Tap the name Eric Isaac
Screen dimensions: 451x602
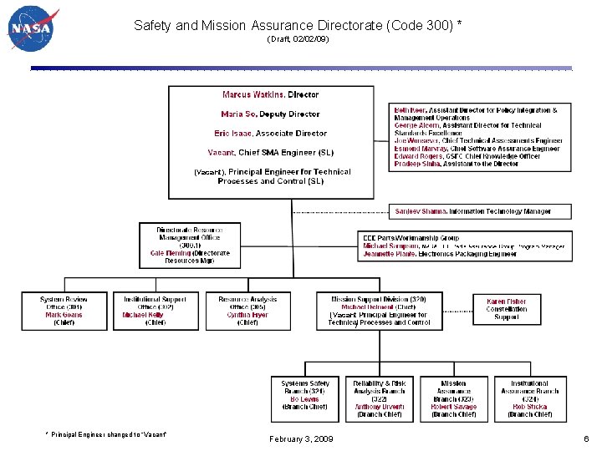[233, 133]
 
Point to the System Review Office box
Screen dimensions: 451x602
[64, 310]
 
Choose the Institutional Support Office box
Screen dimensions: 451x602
[155, 310]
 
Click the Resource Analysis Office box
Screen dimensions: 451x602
[247, 310]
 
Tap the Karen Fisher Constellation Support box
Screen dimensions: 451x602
[506, 309]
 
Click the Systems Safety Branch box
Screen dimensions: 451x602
[305, 398]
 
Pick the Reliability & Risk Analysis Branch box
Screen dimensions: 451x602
[379, 398]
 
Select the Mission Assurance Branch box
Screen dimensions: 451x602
[454, 398]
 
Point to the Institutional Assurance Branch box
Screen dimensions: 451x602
[530, 398]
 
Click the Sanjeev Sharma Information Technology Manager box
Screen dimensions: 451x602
[482, 211]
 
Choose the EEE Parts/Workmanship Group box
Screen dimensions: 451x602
[465, 246]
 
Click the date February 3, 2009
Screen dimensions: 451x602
[301, 438]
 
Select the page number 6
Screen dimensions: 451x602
[586, 438]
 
